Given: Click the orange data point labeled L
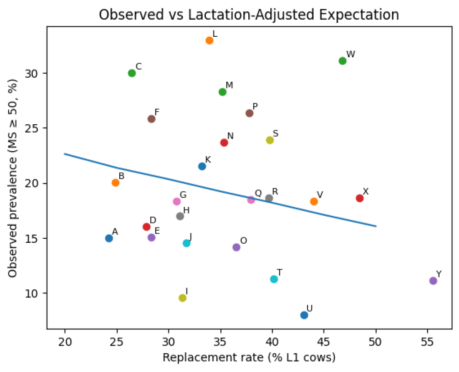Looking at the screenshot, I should click(209, 40).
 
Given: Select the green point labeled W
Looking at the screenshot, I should click(342, 61).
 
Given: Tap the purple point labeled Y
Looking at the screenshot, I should click(433, 281).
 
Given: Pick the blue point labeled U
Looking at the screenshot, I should click(304, 315).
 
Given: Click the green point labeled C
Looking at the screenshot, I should click(132, 73).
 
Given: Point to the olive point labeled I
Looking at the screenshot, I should click(182, 298).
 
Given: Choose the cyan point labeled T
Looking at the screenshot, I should click(274, 279).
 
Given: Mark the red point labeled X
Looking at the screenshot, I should click(359, 198).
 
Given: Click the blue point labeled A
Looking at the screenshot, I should click(109, 238).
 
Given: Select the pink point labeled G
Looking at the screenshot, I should click(177, 201).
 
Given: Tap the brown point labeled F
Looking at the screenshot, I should click(152, 119).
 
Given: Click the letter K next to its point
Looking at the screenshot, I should click(208, 160).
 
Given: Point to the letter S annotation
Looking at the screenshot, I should click(276, 133).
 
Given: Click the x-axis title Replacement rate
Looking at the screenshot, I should click(249, 358).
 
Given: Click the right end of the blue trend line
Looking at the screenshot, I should click(376, 226).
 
